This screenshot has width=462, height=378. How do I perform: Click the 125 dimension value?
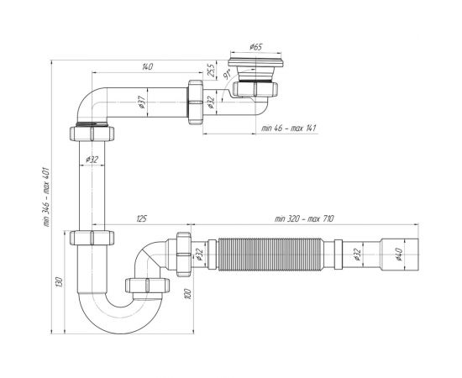pyautogui.click(x=141, y=221)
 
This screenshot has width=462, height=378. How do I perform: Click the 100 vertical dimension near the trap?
pyautogui.click(x=189, y=293)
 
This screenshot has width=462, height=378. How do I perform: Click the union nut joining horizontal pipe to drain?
pyautogui.click(x=196, y=101)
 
